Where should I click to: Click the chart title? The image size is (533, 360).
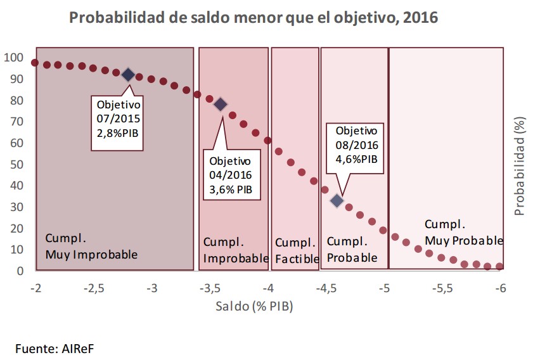click(x=254, y=17)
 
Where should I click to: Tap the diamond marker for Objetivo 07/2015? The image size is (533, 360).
click(x=128, y=75)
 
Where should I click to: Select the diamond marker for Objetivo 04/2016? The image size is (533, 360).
click(x=221, y=105)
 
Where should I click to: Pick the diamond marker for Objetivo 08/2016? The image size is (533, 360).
click(x=337, y=200)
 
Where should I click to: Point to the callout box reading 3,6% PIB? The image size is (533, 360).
click(x=231, y=174)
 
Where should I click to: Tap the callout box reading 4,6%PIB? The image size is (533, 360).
click(x=356, y=145)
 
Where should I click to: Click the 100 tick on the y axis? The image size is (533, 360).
click(x=14, y=58)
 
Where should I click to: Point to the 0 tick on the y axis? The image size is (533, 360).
click(x=20, y=271)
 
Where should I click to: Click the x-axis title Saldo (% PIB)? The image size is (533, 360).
click(x=254, y=306)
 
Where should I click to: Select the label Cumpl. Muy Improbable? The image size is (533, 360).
click(x=91, y=247)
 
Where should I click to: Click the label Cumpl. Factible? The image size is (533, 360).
click(x=295, y=250)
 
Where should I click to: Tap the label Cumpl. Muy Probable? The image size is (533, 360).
click(x=463, y=232)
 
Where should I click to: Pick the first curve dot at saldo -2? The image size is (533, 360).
click(x=35, y=63)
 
